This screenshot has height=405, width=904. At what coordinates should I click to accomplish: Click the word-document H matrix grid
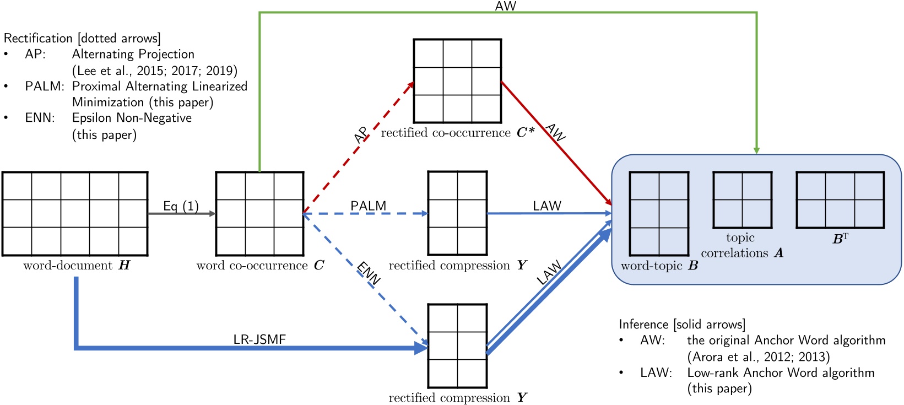[75, 214]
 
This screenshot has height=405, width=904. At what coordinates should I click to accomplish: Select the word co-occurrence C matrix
[259, 214]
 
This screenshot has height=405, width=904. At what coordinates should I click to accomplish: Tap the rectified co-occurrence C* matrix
[457, 81]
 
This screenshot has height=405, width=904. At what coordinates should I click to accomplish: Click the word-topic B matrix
[659, 214]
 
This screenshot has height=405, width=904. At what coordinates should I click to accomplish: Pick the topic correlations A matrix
[742, 200]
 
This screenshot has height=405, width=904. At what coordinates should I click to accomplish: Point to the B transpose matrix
[840, 200]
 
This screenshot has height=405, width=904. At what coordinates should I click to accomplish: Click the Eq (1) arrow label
[181, 206]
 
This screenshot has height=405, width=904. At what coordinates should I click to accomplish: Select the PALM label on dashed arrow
[368, 206]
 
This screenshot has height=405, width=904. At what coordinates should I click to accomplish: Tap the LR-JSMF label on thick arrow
[259, 339]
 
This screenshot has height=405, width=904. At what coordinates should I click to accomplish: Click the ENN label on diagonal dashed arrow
[369, 273]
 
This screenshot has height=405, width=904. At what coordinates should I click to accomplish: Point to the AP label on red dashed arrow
[361, 135]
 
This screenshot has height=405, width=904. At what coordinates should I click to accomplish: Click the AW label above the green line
[505, 6]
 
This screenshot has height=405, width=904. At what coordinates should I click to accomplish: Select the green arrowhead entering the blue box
[756, 150]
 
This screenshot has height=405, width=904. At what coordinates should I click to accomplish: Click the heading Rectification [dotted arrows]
[82, 38]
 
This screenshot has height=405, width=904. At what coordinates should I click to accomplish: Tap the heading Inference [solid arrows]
[681, 324]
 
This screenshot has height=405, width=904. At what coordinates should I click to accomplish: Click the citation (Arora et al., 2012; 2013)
[758, 357]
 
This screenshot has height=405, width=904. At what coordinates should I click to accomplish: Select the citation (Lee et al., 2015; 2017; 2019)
[155, 71]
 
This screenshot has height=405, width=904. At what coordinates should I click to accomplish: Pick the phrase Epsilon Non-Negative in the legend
[132, 118]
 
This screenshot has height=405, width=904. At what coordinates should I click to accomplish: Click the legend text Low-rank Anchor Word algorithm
[781, 372]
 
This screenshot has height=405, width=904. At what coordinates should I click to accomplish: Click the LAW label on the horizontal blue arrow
[546, 206]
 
